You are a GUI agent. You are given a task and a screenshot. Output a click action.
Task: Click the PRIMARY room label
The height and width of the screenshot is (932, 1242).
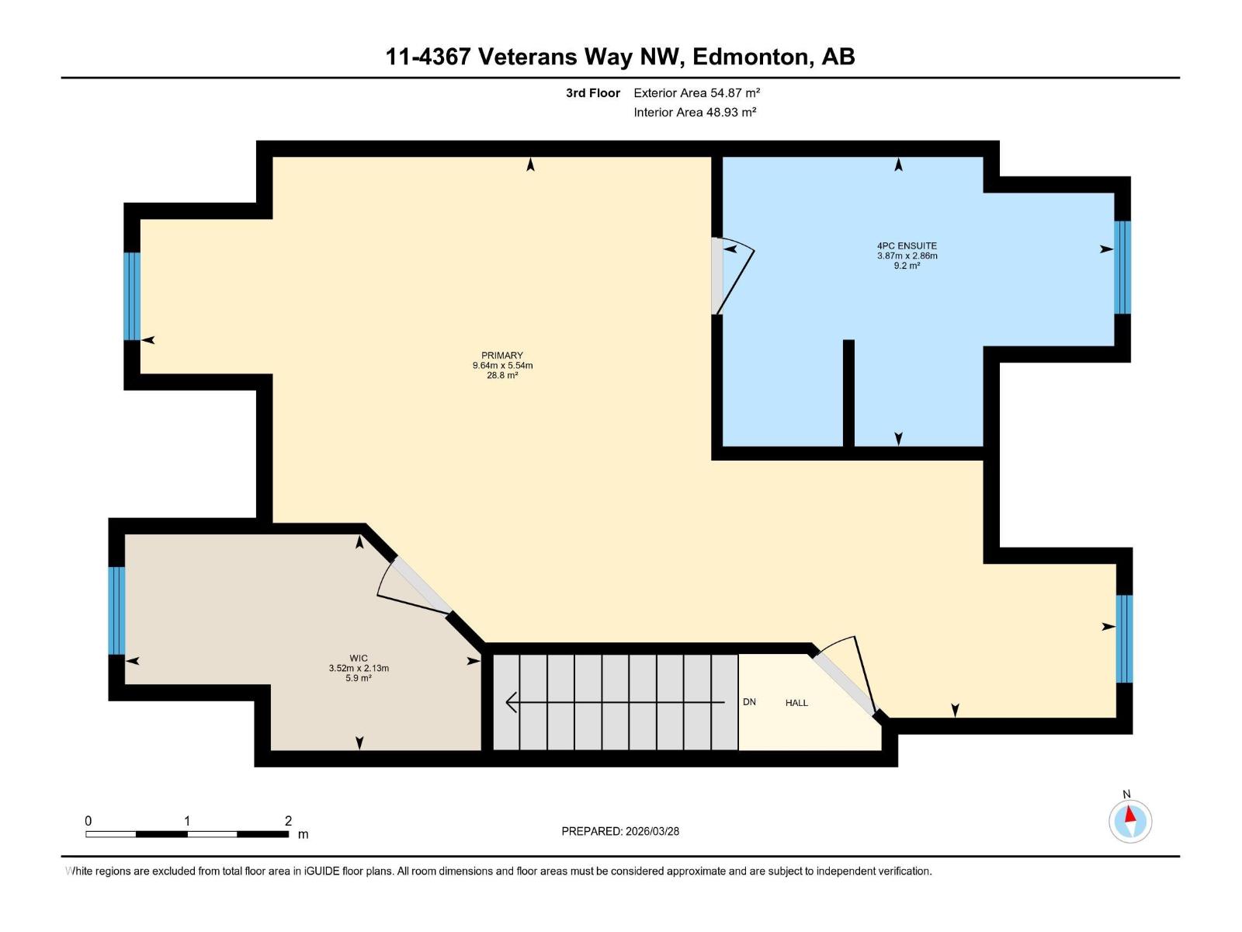(x=502, y=356)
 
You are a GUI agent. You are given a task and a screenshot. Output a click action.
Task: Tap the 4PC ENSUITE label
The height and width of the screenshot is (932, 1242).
(x=907, y=245)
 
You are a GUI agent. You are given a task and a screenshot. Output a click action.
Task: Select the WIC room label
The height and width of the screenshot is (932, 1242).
(x=359, y=658)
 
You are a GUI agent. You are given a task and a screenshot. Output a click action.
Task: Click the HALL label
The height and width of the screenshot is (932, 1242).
(x=796, y=703)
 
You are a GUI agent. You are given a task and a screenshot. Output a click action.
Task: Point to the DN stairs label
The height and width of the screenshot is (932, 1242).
(x=749, y=701)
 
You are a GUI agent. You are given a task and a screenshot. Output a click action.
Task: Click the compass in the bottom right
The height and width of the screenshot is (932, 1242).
(x=1130, y=821)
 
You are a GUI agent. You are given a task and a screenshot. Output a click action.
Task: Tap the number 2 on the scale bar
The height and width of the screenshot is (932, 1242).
(x=288, y=820)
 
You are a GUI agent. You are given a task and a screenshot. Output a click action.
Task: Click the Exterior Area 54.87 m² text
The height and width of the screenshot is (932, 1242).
(x=696, y=92)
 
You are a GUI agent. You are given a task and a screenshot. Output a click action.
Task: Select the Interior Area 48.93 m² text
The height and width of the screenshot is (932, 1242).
(x=695, y=112)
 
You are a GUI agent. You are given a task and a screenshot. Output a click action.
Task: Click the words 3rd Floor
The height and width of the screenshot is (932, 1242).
(x=593, y=92)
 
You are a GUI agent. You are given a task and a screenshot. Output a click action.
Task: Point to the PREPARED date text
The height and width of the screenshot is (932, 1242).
(x=620, y=831)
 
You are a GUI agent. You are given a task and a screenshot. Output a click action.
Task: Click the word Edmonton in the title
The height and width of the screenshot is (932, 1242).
(x=751, y=57)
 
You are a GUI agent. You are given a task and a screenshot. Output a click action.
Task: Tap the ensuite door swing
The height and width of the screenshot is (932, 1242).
(x=734, y=276)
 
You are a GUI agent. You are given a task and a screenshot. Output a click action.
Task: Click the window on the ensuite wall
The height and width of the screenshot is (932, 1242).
(x=1122, y=267)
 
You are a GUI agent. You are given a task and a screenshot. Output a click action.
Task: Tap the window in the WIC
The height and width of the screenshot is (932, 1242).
(x=116, y=610)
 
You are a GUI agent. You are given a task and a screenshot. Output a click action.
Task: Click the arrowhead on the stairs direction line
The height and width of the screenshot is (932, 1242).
(x=510, y=702)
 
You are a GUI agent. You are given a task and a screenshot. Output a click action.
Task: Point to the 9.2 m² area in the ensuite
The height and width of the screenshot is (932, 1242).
(x=907, y=266)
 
